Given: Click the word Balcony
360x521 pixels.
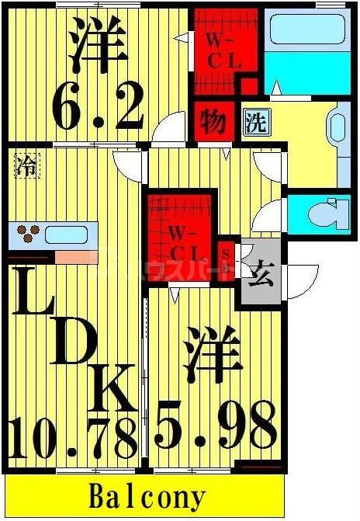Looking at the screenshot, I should [147, 496].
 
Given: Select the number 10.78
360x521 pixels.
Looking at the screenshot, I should [74, 436].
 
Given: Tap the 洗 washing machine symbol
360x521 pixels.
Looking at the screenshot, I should [254, 123].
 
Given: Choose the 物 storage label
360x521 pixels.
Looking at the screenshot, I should [213, 122].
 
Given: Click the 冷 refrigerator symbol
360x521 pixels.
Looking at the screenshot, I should [27, 165].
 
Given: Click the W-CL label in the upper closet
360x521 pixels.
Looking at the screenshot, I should [224, 50].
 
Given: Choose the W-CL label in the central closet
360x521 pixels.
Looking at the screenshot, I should [186, 241].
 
